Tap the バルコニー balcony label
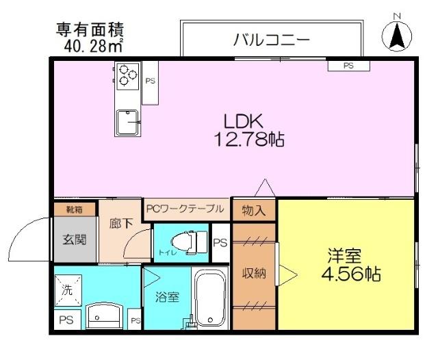tap(272, 39)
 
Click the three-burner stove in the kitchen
tap(127, 74)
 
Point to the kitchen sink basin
tap(127, 123)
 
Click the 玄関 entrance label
tap(75, 240)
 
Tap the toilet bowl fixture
tap(186, 241)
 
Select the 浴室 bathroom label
tap(167, 297)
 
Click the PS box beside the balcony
tap(348, 66)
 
